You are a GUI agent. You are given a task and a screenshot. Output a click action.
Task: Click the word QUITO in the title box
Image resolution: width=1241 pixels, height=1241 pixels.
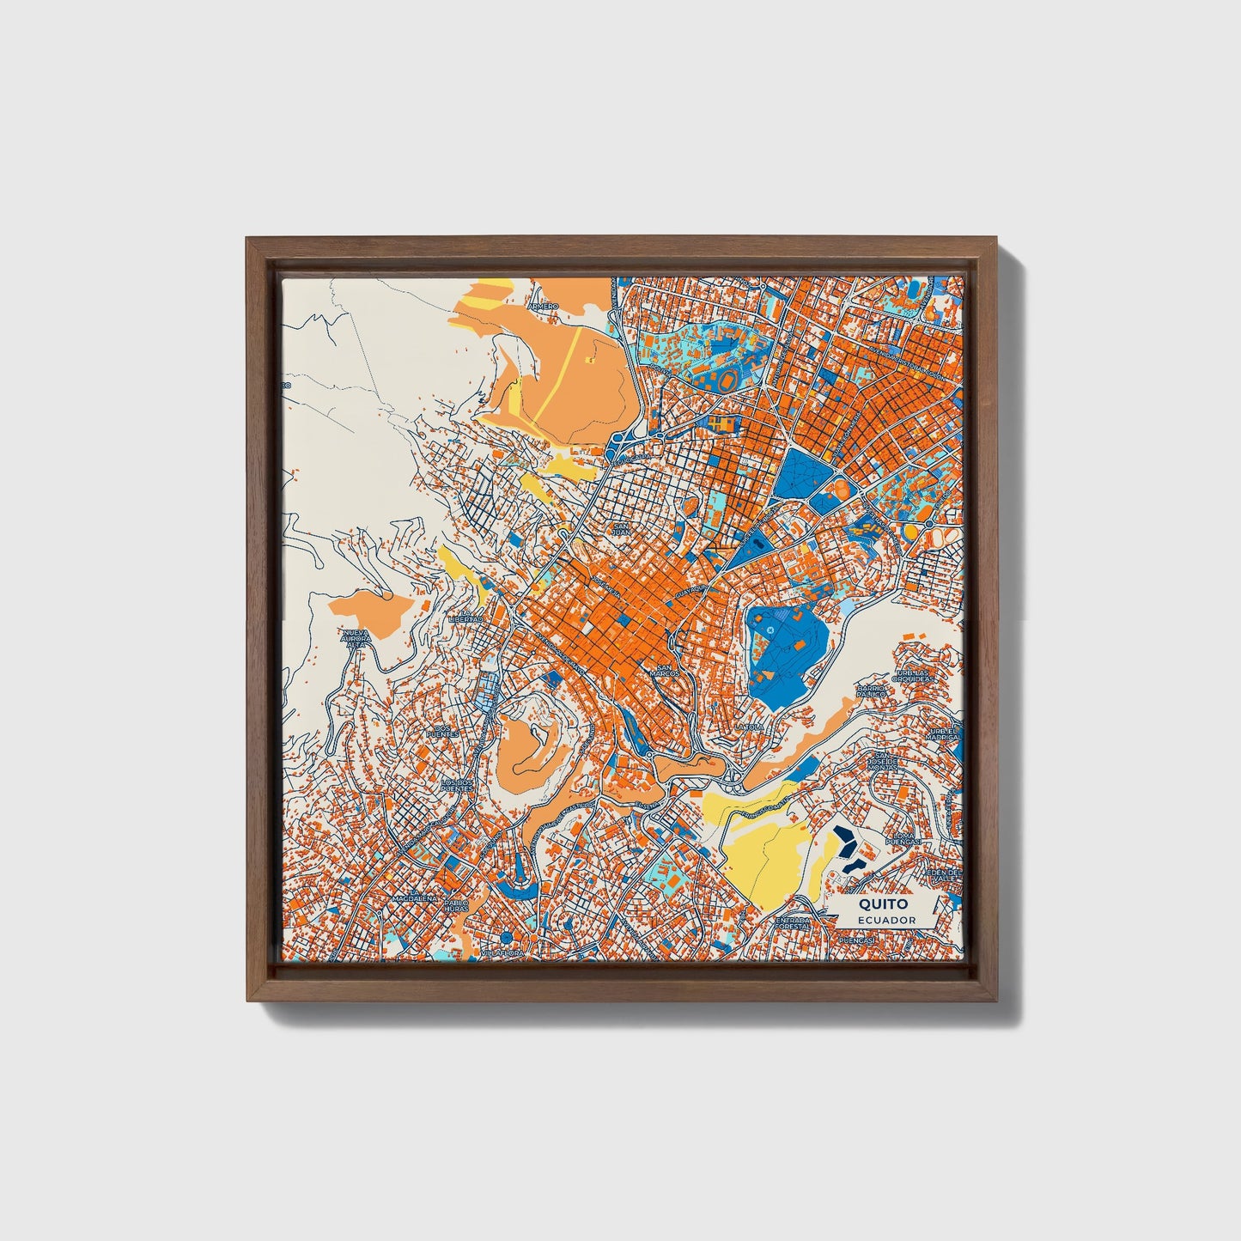pos(874,904)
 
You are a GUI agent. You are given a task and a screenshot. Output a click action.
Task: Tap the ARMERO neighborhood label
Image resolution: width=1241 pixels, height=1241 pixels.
pos(544,306)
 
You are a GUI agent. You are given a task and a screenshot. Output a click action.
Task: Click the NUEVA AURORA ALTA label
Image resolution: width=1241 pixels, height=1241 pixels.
pos(356,638)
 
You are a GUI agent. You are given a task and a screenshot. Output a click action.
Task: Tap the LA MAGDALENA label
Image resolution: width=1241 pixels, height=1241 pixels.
pos(416,897)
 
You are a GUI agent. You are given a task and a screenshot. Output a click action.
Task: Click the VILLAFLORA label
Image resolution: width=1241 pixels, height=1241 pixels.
pos(502,952)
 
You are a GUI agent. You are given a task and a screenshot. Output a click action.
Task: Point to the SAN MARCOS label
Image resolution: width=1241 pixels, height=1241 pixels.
pos(666,671)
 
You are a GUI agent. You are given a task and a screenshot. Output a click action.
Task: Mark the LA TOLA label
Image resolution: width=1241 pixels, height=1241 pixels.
pos(749,727)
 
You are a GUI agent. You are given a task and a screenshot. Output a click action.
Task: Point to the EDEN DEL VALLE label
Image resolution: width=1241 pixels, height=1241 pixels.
pos(941,874)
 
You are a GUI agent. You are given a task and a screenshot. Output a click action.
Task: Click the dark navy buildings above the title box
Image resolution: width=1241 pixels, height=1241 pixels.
pos(846,847)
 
